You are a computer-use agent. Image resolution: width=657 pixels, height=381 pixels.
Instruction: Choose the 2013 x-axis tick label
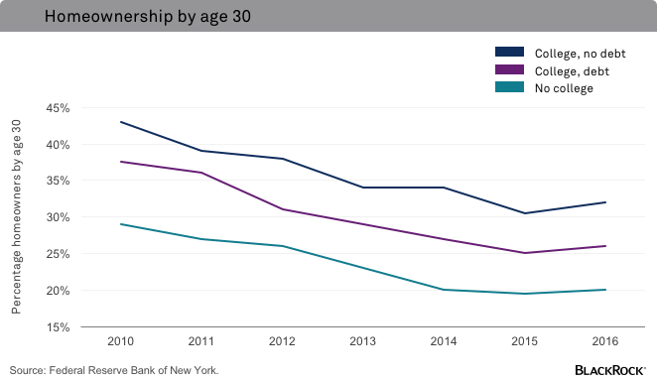(362, 341)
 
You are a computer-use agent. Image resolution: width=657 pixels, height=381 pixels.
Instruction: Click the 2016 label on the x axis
(605, 341)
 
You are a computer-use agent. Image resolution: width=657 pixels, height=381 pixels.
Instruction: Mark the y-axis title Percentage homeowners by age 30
(17, 216)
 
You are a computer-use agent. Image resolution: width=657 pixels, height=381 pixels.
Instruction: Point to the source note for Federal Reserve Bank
(114, 370)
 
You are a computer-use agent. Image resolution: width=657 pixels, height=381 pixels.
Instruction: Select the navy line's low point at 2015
(524, 213)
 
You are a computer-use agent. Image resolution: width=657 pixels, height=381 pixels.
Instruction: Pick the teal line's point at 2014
(444, 290)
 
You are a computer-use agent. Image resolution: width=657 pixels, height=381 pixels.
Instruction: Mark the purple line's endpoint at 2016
(605, 246)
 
